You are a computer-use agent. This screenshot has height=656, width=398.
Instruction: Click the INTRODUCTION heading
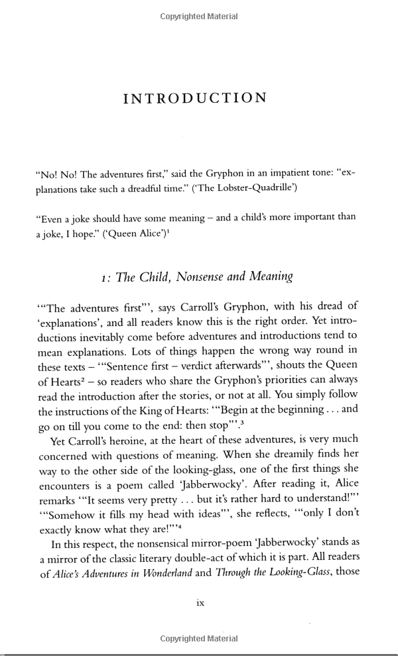point(195,98)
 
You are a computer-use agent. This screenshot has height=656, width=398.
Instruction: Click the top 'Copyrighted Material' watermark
point(199,16)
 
